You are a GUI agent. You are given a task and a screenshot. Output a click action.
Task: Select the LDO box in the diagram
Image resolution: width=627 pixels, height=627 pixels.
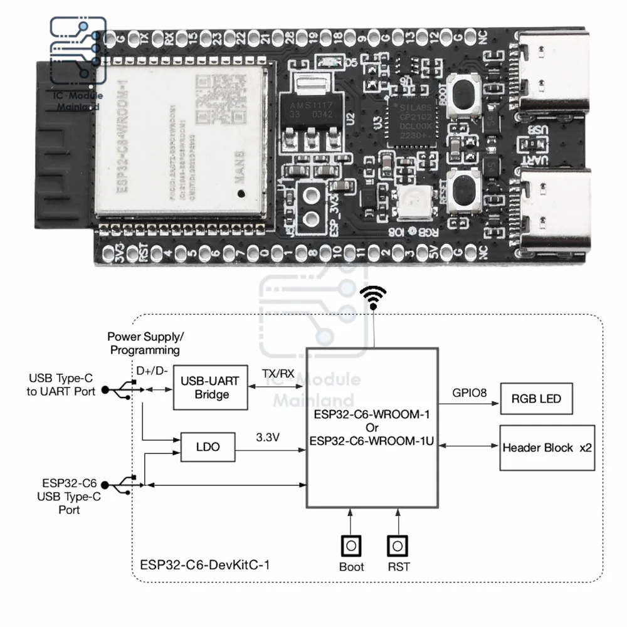[207, 448]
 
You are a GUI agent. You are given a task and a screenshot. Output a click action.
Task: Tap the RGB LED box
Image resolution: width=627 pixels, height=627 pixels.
[536, 398]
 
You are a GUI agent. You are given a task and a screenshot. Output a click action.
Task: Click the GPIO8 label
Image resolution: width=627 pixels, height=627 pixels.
[470, 394]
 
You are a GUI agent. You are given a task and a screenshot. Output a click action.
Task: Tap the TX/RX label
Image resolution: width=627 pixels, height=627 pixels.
[277, 374]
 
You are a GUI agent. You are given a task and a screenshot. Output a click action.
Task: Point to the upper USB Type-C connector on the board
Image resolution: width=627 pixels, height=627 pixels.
[555, 78]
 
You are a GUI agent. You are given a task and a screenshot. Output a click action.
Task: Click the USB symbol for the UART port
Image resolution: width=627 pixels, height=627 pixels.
[119, 390]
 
